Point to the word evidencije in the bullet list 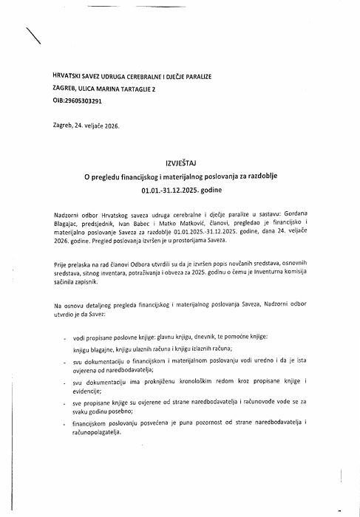pyautogui.click(x=92, y=392)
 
